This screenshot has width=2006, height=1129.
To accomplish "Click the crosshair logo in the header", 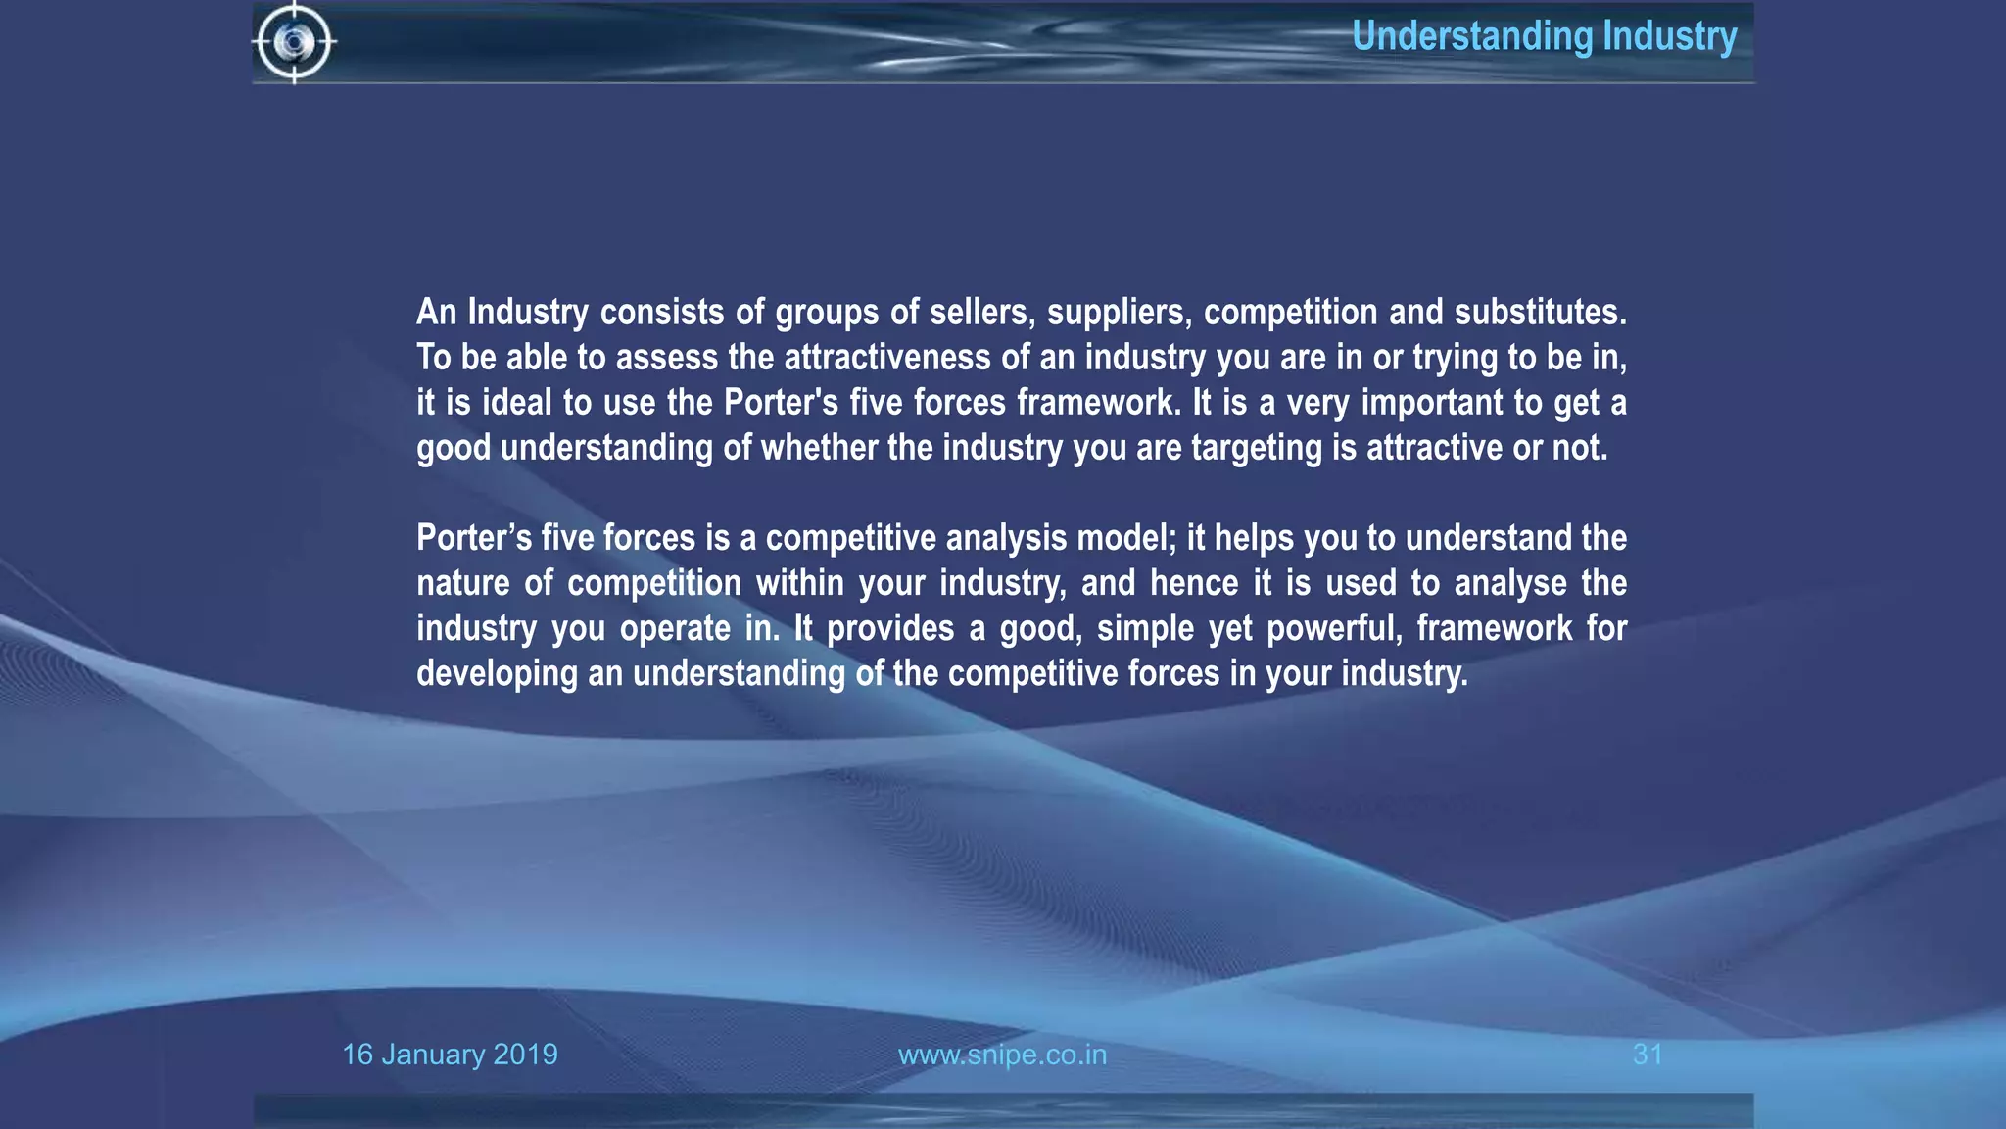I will (x=294, y=42).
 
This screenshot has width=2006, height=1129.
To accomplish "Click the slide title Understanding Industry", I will (x=1544, y=36).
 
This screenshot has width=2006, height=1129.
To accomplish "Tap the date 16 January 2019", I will (x=450, y=1055).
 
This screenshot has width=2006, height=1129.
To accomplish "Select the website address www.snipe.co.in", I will (x=1002, y=1055).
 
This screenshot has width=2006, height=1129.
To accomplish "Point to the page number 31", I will (x=1648, y=1055).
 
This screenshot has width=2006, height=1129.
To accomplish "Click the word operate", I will (x=675, y=628).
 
